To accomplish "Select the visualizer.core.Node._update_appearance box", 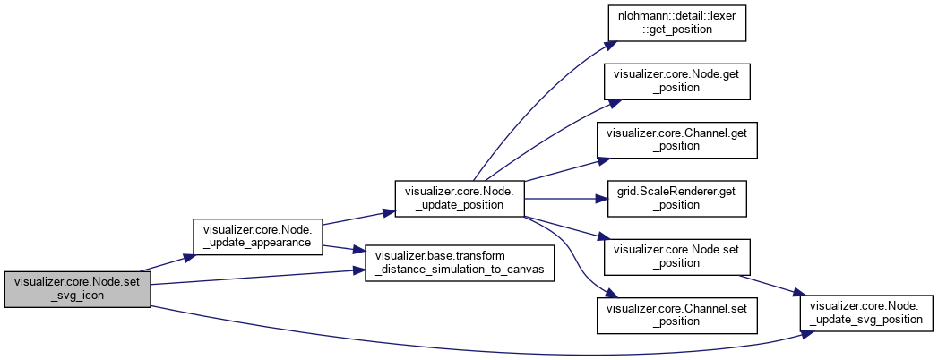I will point(258,235).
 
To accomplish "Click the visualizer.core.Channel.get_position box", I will point(676,138).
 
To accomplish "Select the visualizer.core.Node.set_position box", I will point(676,257).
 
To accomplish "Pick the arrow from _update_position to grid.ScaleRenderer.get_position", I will point(564,198).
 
